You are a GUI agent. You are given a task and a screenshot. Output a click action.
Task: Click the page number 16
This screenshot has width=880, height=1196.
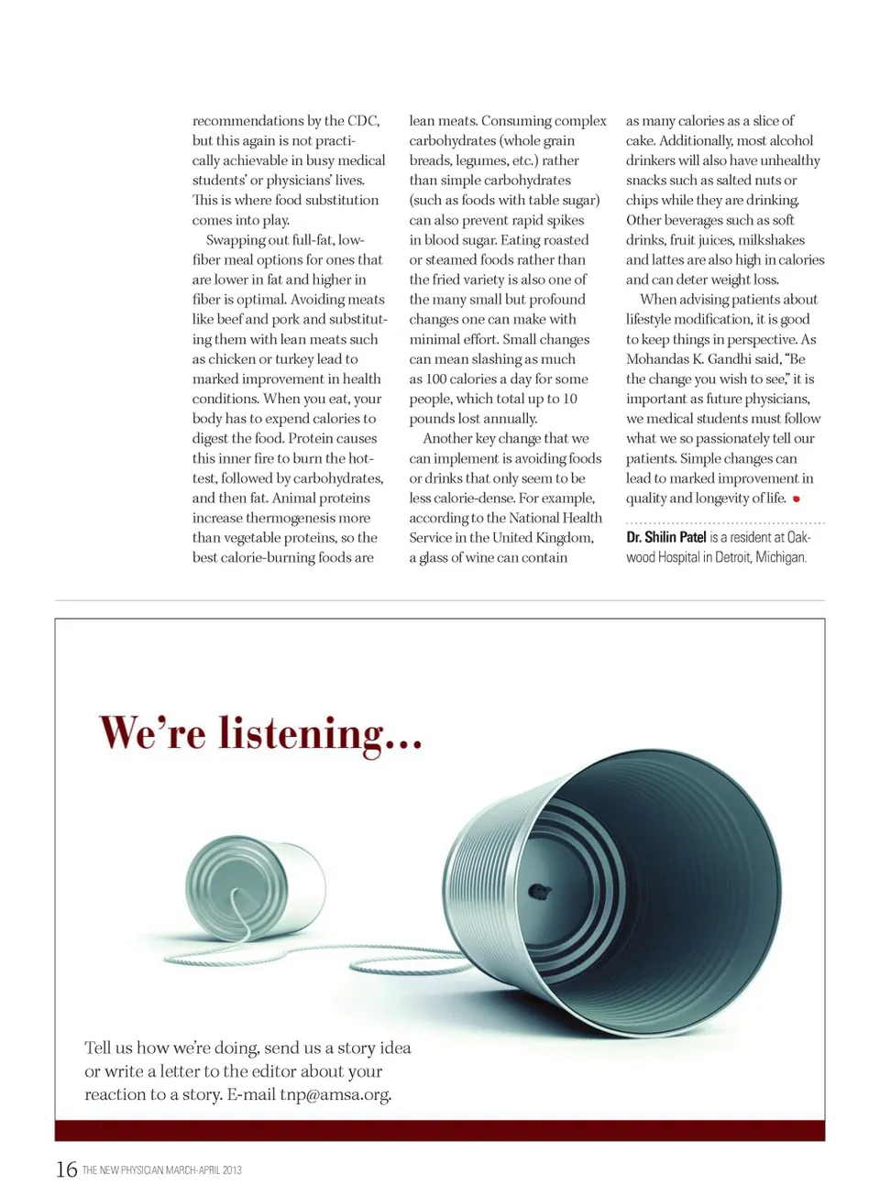pyautogui.click(x=66, y=1169)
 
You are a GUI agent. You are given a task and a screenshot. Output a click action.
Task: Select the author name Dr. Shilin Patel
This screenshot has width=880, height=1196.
pyautogui.click(x=666, y=537)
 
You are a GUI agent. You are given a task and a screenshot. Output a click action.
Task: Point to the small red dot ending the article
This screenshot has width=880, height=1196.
pyautogui.click(x=796, y=499)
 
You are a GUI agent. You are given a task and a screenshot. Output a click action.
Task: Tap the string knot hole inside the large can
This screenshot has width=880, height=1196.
pyautogui.click(x=540, y=890)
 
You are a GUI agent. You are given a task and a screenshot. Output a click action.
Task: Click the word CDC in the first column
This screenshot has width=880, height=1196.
pyautogui.click(x=363, y=121)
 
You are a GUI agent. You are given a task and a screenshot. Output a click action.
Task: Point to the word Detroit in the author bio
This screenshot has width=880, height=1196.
pyautogui.click(x=729, y=557)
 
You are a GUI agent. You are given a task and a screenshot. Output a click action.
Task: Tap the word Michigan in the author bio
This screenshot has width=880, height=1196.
pyautogui.click(x=781, y=557)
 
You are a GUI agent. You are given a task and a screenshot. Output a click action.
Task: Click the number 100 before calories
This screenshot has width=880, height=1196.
pyautogui.click(x=436, y=379)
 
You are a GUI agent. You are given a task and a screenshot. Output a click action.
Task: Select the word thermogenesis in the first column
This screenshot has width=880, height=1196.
pyautogui.click(x=291, y=518)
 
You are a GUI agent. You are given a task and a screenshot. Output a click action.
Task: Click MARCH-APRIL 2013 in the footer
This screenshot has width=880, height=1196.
pyautogui.click(x=203, y=1170)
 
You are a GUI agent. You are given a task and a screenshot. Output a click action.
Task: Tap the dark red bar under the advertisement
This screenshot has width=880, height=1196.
pyautogui.click(x=440, y=1130)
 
